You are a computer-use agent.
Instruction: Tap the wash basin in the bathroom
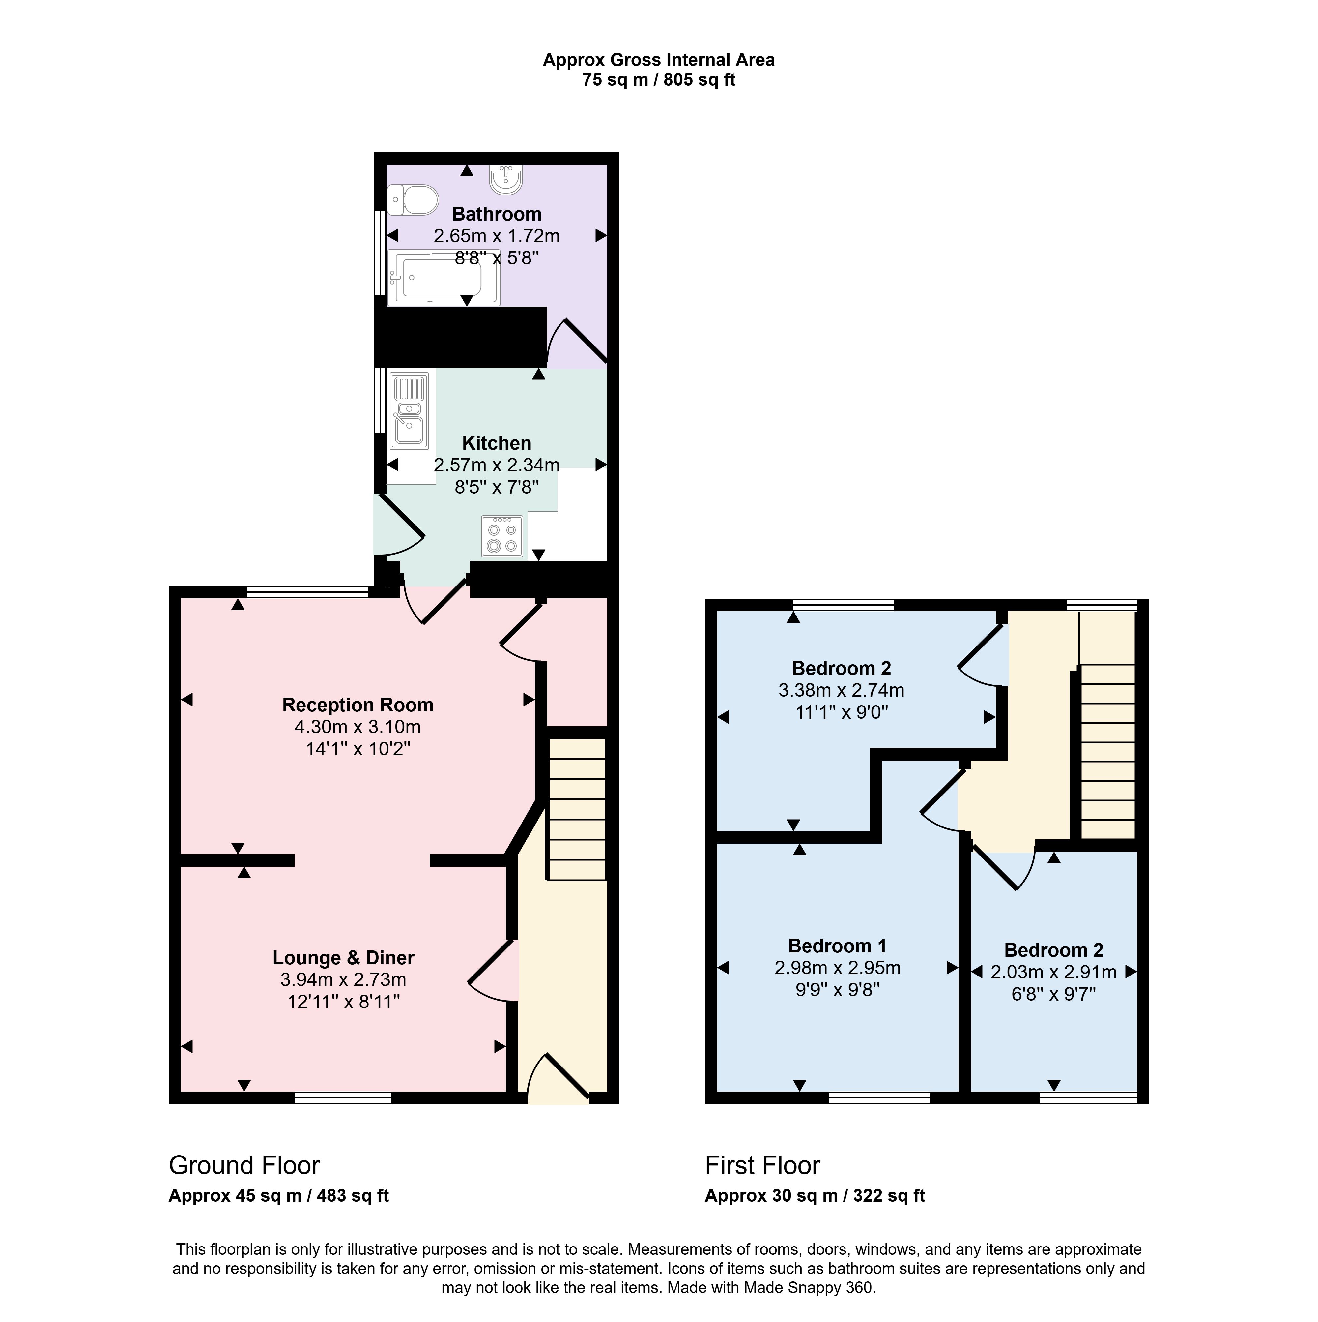tap(506, 179)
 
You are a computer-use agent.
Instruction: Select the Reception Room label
tap(358, 705)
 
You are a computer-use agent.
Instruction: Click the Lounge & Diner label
tap(343, 958)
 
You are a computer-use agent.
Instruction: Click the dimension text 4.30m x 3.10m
tap(358, 727)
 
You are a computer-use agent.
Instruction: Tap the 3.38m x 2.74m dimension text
tap(841, 690)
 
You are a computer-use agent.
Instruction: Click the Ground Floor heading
tap(244, 1165)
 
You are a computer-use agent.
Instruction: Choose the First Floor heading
tap(762, 1165)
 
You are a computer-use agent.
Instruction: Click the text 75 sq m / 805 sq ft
tap(659, 80)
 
